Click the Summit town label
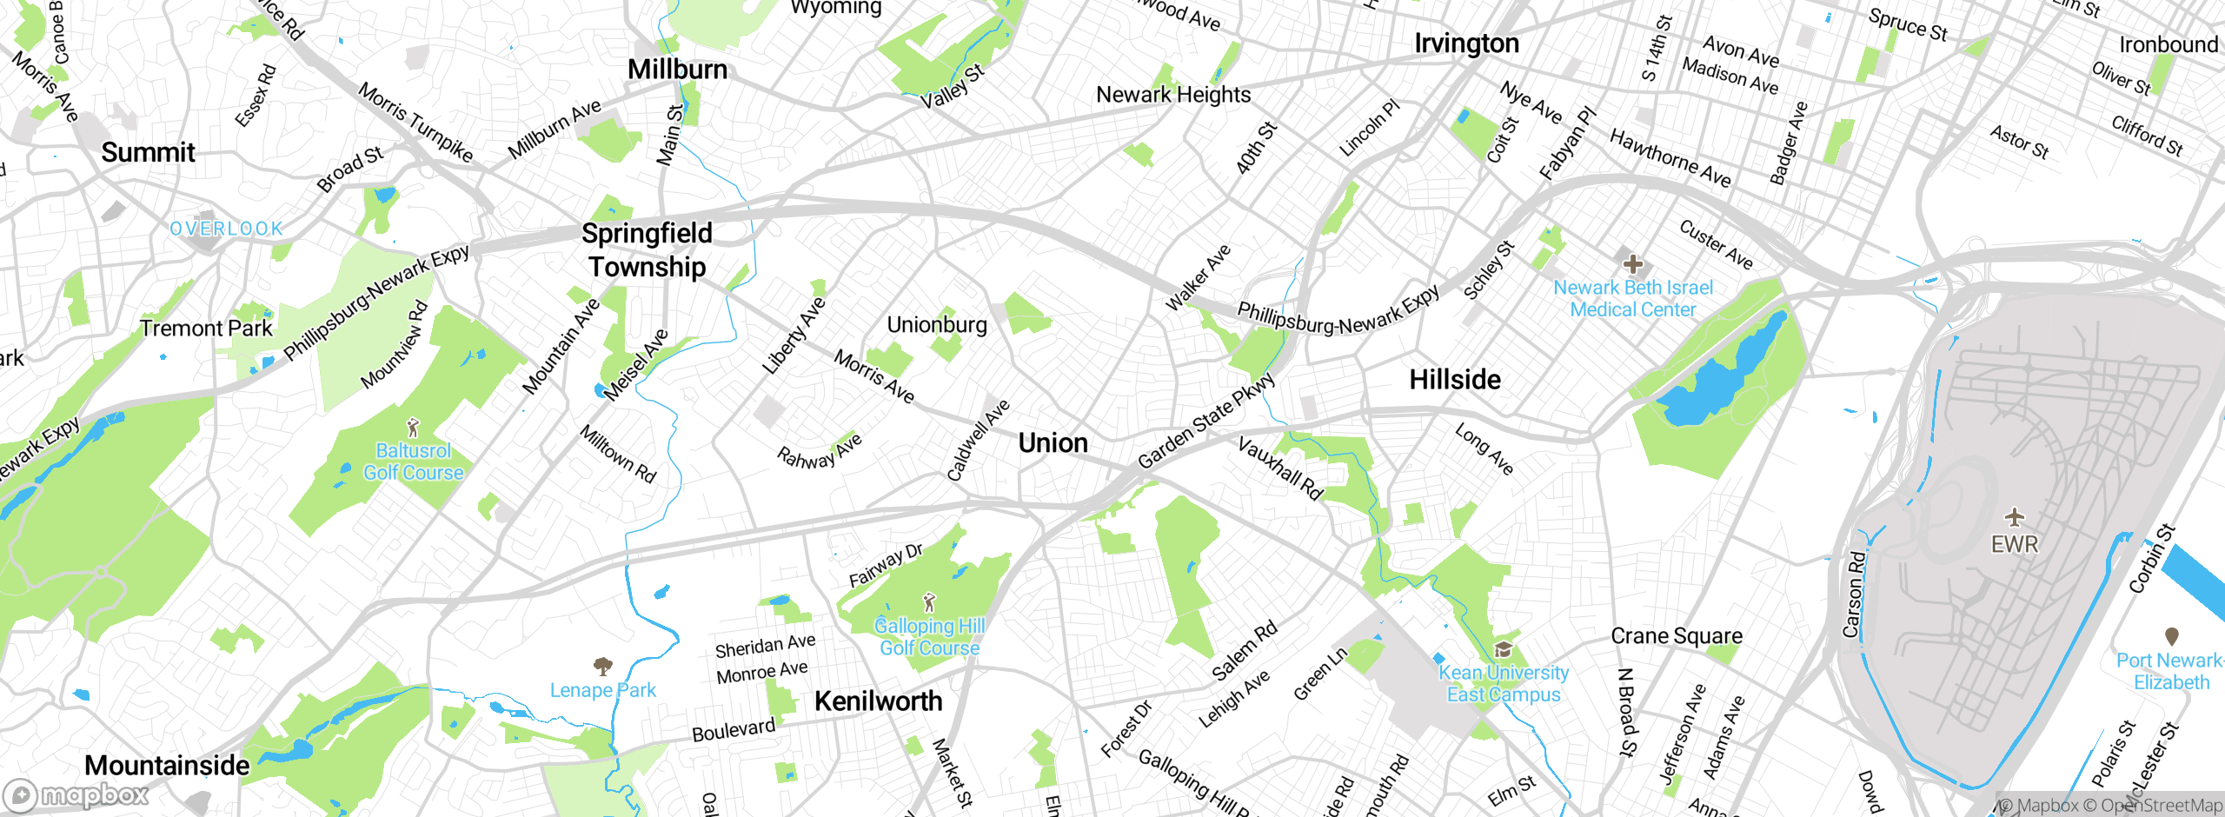click(x=148, y=152)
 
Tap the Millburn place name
click(x=677, y=70)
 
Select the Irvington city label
click(x=1466, y=43)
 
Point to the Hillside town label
click(x=1454, y=380)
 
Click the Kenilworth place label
click(x=878, y=701)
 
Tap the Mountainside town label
click(x=167, y=766)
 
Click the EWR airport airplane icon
click(x=2014, y=518)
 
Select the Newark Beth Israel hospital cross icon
click(x=1632, y=263)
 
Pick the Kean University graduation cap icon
click(x=1503, y=650)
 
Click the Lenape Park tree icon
click(x=602, y=667)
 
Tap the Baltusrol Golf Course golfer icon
click(x=414, y=428)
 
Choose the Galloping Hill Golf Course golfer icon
click(x=929, y=601)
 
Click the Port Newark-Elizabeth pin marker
click(x=2171, y=636)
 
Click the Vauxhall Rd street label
click(x=1279, y=468)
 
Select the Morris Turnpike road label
click(x=415, y=123)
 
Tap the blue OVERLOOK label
click(x=226, y=229)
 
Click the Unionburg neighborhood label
click(x=937, y=325)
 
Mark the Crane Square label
click(x=1676, y=636)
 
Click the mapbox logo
click(x=76, y=795)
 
